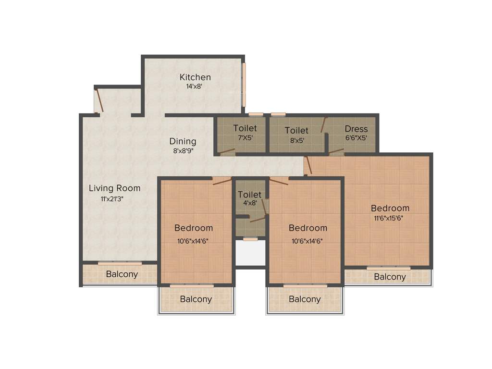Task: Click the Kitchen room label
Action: coord(195,77)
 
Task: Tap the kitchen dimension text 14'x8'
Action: coord(195,87)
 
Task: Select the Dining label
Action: coord(183,141)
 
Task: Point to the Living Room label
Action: coord(114,188)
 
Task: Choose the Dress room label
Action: coord(356,129)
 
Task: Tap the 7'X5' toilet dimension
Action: coord(245,137)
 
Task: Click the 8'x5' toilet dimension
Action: coord(296,140)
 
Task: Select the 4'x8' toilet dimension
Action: coord(249,203)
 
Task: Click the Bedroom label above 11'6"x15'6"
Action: coord(390,208)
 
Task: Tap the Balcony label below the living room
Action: coord(122,274)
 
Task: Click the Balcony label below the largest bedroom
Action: coord(390,277)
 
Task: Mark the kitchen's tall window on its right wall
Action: coord(244,85)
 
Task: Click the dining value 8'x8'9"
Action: coord(183,150)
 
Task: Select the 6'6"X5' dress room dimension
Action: coord(356,137)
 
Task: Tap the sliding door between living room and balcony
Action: coord(120,263)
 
